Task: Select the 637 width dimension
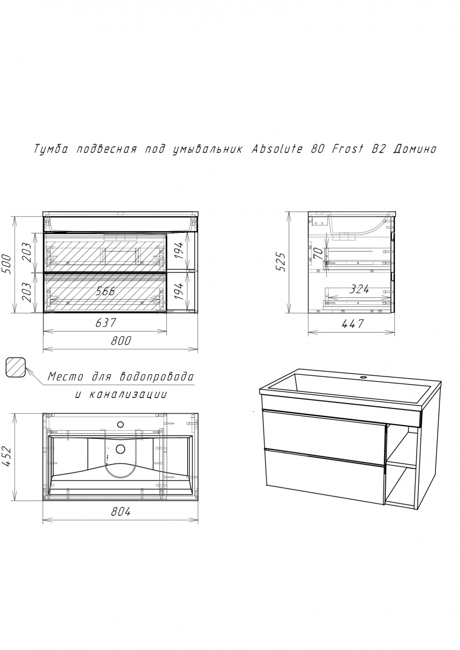pos(106,323)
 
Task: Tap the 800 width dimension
pos(121,341)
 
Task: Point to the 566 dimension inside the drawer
pos(105,291)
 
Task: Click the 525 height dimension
pos(281,262)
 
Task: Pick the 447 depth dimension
pos(353,323)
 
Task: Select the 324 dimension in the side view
pos(359,289)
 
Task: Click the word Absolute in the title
pos(277,149)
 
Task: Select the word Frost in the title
pos(347,149)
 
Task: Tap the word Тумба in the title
pos(51,149)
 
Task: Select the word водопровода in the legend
pos(156,377)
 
